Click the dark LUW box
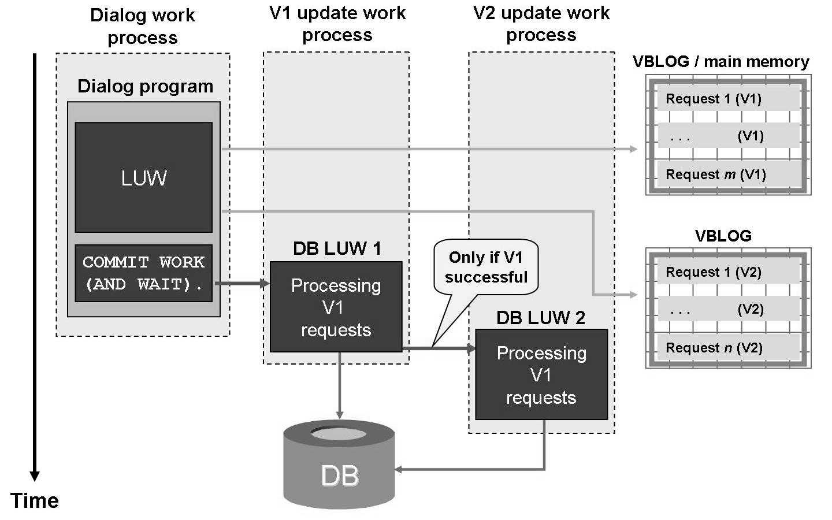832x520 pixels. (x=144, y=177)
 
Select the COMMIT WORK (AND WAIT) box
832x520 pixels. (x=144, y=273)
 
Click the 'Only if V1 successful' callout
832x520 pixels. (x=486, y=268)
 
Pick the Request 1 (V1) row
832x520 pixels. (x=728, y=99)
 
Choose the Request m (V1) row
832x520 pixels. (x=728, y=174)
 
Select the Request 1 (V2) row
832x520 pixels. (x=728, y=272)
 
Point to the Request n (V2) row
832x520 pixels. (x=728, y=348)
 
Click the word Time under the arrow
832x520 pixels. (x=35, y=500)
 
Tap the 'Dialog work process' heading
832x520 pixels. (x=143, y=27)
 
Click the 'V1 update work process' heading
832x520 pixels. (x=337, y=24)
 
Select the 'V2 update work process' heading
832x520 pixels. (x=541, y=24)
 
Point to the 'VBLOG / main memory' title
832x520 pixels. (x=721, y=62)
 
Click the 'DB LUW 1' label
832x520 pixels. (x=337, y=248)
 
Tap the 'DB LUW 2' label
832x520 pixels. (x=541, y=317)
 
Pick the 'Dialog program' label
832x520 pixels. (x=145, y=87)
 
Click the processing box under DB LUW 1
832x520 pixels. (x=336, y=307)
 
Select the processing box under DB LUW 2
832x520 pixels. (x=541, y=375)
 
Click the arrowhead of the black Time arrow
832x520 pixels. (x=35, y=476)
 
